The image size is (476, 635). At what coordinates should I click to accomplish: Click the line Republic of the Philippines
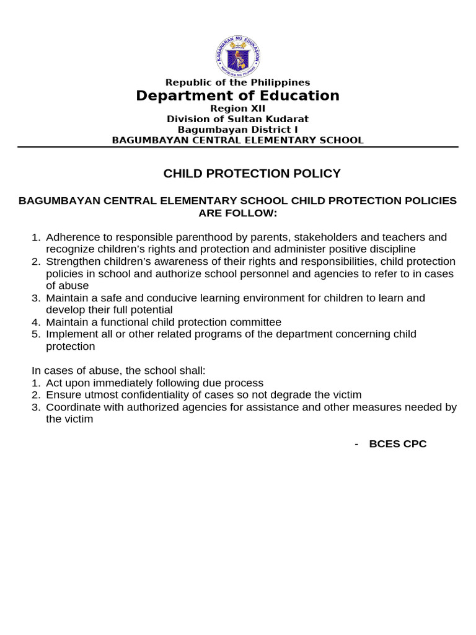click(237, 82)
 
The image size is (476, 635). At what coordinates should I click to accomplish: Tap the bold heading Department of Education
click(237, 95)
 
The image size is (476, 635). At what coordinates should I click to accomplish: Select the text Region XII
click(237, 109)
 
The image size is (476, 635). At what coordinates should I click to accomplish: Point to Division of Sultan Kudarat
click(237, 119)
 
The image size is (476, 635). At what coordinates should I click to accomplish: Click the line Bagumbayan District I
click(237, 130)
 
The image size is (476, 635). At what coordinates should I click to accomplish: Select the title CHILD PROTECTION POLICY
click(252, 174)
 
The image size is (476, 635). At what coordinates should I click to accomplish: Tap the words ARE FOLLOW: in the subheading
click(237, 213)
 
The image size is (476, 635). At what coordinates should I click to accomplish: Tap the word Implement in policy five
click(70, 334)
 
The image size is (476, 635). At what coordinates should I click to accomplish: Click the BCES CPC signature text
click(397, 444)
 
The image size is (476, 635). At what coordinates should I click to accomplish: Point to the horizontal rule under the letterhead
click(237, 147)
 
